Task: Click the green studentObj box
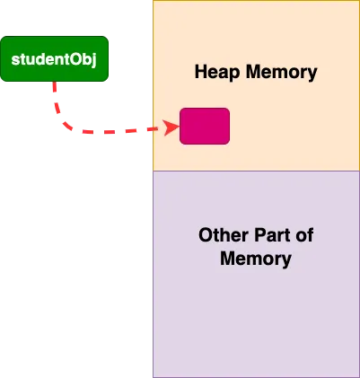(x=55, y=60)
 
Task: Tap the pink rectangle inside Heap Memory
(x=205, y=126)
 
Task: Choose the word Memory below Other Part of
(x=256, y=259)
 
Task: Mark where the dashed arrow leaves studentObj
(x=54, y=86)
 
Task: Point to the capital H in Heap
(x=200, y=72)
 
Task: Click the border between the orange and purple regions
(x=256, y=171)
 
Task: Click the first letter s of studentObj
(x=14, y=61)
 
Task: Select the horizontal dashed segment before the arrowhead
(x=117, y=132)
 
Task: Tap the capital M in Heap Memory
(x=247, y=72)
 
